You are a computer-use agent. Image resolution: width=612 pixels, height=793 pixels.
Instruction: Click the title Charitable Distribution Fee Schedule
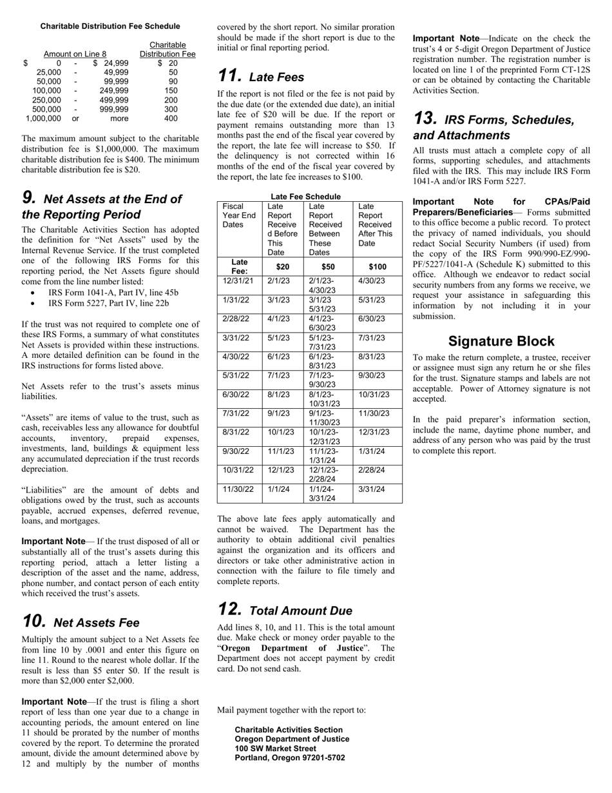[110, 26]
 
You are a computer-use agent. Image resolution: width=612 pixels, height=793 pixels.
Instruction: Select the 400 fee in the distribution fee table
[171, 119]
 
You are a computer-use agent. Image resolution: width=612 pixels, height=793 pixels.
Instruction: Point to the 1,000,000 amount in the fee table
[44, 119]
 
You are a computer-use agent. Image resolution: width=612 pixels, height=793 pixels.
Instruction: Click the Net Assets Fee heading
[96, 623]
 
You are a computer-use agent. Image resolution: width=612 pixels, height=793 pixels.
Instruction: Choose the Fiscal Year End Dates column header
[239, 215]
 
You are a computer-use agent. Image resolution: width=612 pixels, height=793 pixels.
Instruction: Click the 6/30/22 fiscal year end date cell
[238, 395]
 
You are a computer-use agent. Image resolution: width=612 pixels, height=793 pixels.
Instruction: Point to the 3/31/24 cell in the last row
[372, 489]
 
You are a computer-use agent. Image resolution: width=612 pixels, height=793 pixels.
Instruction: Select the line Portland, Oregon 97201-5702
[289, 758]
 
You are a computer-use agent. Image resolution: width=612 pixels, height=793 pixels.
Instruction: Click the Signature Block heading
[501, 341]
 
